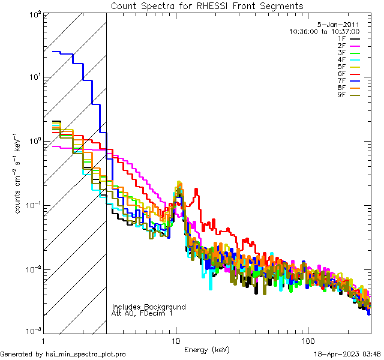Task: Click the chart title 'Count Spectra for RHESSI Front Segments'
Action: pos(207,6)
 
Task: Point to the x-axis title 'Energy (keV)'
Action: pos(207,349)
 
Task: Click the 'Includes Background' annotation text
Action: pos(149,307)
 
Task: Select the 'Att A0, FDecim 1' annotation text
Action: pos(142,313)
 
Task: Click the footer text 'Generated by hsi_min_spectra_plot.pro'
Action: pos(63,354)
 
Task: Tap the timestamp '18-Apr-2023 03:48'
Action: pos(347,354)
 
